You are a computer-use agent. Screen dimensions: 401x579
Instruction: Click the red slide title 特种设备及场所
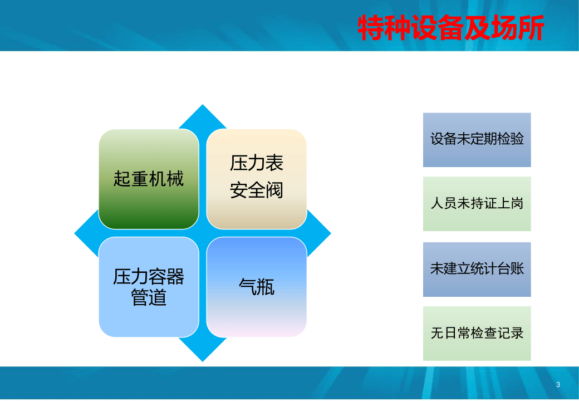pyautogui.click(x=450, y=28)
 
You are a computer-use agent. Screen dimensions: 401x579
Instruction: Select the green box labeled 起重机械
pyautogui.click(x=149, y=179)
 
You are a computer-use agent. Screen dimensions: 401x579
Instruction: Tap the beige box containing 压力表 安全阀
pyautogui.click(x=257, y=179)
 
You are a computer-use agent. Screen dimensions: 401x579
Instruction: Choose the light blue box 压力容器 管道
pyautogui.click(x=149, y=287)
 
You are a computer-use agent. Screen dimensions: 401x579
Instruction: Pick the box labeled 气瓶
pyautogui.click(x=257, y=287)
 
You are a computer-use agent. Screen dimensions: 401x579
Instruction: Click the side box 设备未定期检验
pyautogui.click(x=477, y=139)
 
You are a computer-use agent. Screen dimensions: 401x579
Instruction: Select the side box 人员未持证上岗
pyautogui.click(x=477, y=204)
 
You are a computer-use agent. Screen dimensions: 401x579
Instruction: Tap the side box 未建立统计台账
pyautogui.click(x=477, y=269)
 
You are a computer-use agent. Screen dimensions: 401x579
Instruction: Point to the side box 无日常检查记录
pyautogui.click(x=477, y=333)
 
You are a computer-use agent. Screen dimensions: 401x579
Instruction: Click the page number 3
pyautogui.click(x=558, y=385)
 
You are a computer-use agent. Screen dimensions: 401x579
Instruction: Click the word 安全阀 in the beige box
pyautogui.click(x=257, y=190)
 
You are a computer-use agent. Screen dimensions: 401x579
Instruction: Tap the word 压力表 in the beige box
pyautogui.click(x=257, y=163)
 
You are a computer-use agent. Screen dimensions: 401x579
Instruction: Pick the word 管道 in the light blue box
pyautogui.click(x=149, y=298)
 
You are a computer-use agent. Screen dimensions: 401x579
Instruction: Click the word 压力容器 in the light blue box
pyautogui.click(x=149, y=276)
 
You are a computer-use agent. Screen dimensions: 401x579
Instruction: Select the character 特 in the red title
pyautogui.click(x=371, y=28)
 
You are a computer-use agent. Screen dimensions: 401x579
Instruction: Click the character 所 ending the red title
pyautogui.click(x=531, y=28)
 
